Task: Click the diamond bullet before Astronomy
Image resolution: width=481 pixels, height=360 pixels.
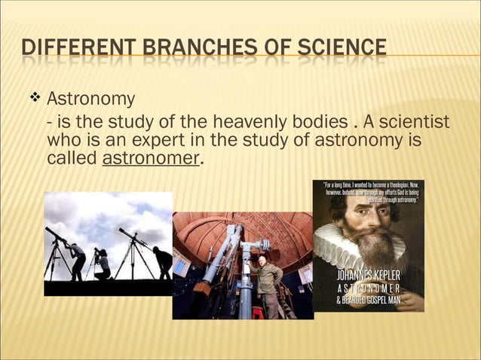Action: pos(34,98)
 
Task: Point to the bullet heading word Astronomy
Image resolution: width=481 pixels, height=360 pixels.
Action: pos(91,99)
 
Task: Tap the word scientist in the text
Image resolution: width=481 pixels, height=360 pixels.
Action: pos(418,121)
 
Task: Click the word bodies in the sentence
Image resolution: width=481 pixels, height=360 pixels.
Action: pos(326,121)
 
